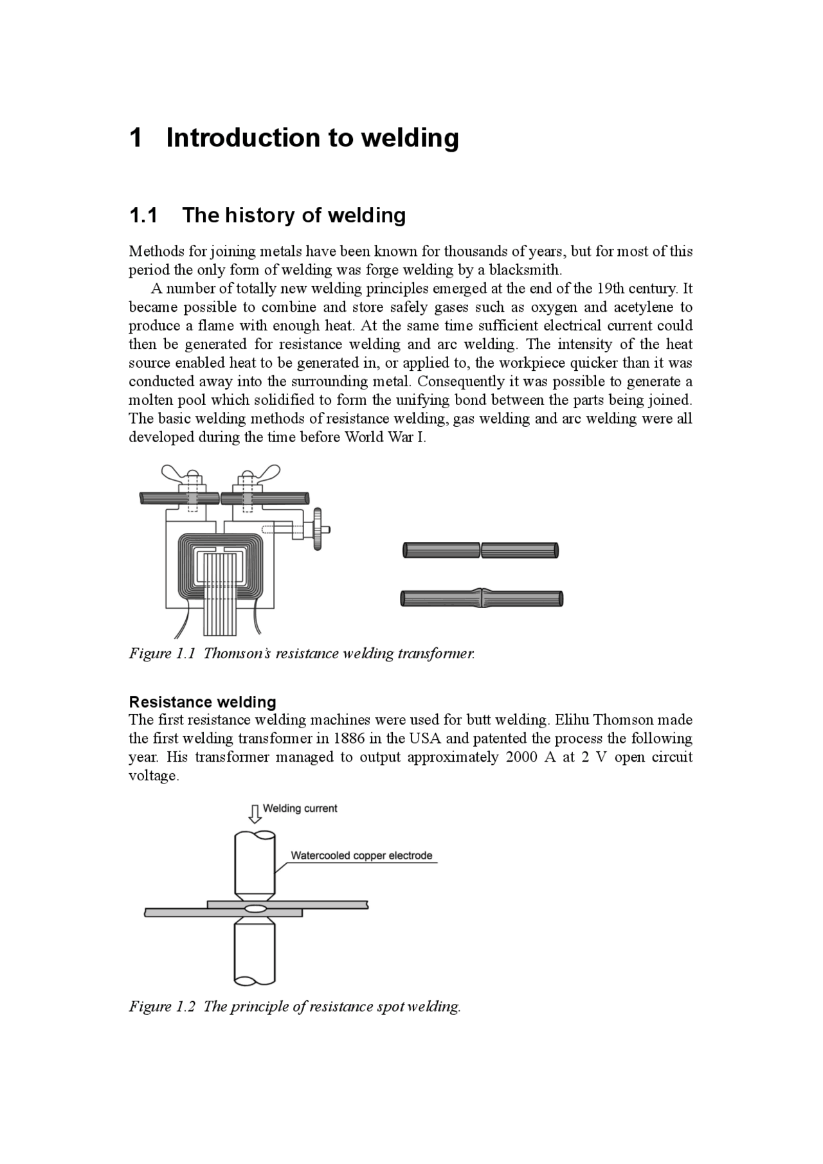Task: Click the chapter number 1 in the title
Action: point(136,138)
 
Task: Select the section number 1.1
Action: point(143,215)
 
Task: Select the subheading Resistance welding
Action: point(203,702)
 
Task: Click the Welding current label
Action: point(300,809)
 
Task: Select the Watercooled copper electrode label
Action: point(361,855)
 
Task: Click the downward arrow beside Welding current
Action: point(255,814)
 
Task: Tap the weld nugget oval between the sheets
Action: point(255,909)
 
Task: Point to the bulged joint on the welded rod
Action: point(482,598)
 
